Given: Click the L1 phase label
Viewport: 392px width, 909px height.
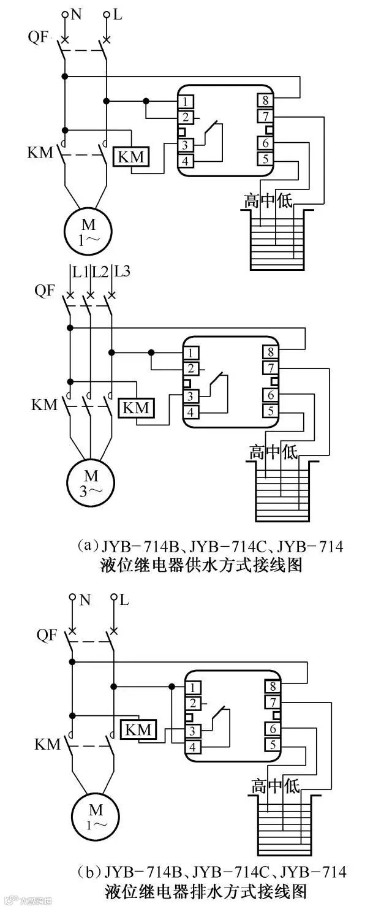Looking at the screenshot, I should point(80,270).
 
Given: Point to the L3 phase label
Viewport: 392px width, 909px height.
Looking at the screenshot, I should point(122,270).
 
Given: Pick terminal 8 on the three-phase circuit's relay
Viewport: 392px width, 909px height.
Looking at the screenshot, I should point(270,352).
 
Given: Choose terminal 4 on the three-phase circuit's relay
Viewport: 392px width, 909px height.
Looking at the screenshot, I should point(191,412).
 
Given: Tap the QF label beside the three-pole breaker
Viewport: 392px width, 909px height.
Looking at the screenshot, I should point(45,291).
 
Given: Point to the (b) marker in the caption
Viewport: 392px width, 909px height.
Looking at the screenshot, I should point(89,871).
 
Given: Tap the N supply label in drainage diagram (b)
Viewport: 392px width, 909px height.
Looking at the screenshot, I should point(85,600).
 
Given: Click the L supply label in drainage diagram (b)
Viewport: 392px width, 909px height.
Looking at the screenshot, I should point(124,600).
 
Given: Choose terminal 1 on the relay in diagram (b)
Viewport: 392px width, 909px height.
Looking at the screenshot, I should point(193,688).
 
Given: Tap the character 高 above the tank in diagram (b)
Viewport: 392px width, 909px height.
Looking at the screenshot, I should point(260,786).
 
